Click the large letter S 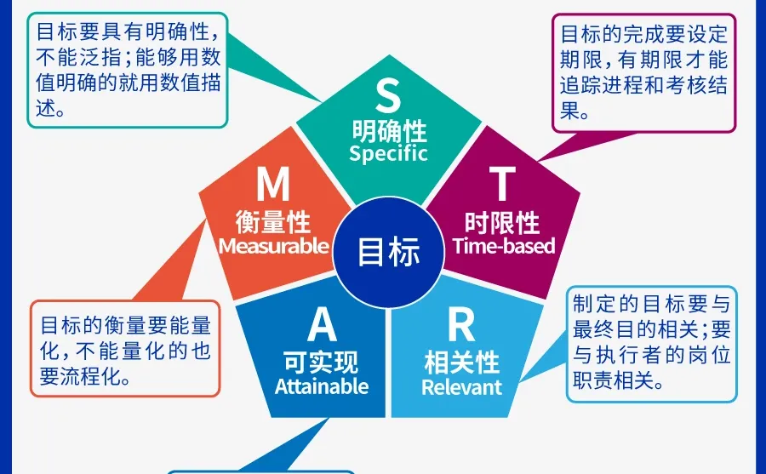pos(387,95)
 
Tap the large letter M pos(273,183)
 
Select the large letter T pos(502,183)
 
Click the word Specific pos(388,154)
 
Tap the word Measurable pos(273,246)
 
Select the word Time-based pos(503,246)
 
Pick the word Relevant pos(461,386)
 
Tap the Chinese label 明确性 pos(389,130)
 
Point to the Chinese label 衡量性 pos(273,222)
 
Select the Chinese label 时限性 pos(502,222)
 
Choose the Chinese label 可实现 pos(322,363)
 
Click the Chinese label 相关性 pos(461,363)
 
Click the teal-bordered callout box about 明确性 pos(128,70)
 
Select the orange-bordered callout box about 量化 pos(126,349)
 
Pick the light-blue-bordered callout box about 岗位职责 pos(652,343)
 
